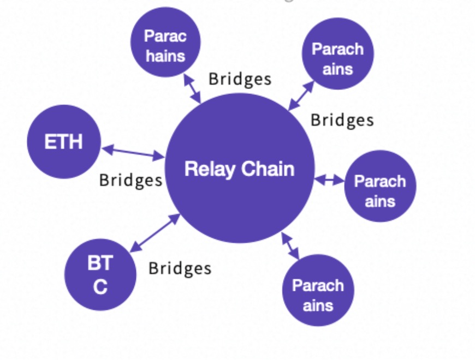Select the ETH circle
click(x=64, y=142)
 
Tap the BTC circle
click(x=100, y=274)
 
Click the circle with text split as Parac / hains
click(x=165, y=45)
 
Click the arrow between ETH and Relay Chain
click(x=133, y=152)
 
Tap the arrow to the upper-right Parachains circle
click(x=301, y=96)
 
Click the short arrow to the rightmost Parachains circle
click(x=329, y=179)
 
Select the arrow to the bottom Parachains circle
click(x=290, y=245)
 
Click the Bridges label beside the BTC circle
click(x=180, y=268)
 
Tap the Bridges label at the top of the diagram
click(x=240, y=79)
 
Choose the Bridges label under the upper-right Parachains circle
click(x=342, y=120)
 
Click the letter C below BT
click(x=100, y=287)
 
